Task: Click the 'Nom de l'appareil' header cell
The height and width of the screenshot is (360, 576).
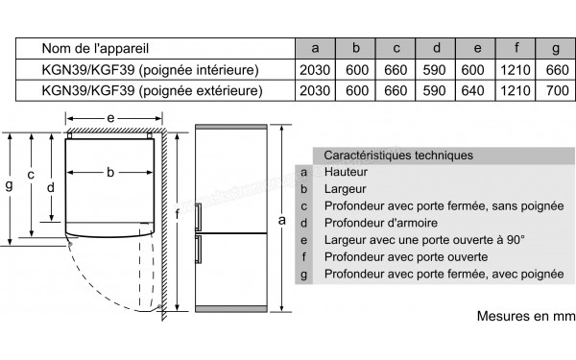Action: tap(95, 47)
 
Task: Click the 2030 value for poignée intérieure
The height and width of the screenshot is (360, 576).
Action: tap(314, 69)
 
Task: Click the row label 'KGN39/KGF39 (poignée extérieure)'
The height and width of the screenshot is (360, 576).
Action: tap(153, 90)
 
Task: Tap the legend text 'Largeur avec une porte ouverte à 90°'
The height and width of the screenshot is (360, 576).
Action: tap(424, 240)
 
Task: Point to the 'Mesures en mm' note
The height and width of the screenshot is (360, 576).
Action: tap(522, 316)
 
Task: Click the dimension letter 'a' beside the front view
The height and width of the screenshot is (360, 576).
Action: tap(281, 220)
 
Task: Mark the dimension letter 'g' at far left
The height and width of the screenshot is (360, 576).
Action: tap(9, 186)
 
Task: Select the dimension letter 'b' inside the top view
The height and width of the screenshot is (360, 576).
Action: tap(110, 173)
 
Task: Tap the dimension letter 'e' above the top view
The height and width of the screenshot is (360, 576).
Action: tap(111, 117)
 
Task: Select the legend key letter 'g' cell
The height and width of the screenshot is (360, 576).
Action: tap(303, 275)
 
